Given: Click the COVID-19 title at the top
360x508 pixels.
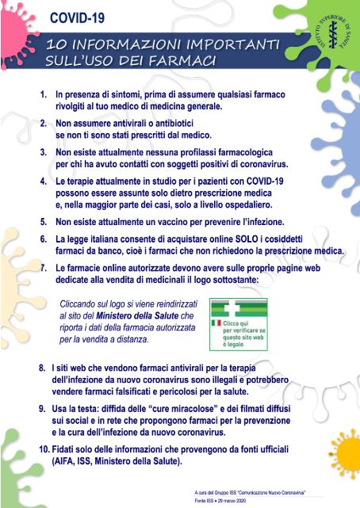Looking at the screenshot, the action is pyautogui.click(x=77, y=17).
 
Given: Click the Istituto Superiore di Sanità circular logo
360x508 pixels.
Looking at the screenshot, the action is pyautogui.click(x=331, y=33).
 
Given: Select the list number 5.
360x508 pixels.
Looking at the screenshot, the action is pyautogui.click(x=44, y=222).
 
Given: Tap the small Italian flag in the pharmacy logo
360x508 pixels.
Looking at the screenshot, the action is pyautogui.click(x=216, y=323).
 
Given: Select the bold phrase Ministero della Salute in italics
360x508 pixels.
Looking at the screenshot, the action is pyautogui.click(x=137, y=315).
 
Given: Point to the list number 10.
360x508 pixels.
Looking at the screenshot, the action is pyautogui.click(x=44, y=449).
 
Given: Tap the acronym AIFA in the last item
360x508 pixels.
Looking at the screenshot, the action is pyautogui.click(x=63, y=461).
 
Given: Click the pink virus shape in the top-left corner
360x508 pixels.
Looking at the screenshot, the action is pyautogui.click(x=16, y=35).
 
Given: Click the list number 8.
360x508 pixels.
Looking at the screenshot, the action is pyautogui.click(x=42, y=368).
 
